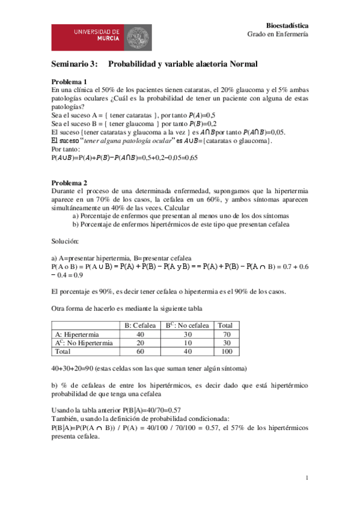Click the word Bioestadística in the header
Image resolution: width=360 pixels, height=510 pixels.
[287, 25]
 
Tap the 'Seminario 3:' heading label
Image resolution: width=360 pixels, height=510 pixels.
[74, 64]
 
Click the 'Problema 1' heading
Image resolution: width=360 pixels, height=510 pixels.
[69, 82]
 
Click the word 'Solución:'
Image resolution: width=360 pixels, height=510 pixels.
[66, 241]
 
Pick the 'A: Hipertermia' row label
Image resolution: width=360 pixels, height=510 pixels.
[78, 334]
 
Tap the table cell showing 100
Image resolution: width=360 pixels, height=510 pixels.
[227, 351]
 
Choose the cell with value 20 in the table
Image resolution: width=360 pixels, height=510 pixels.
[140, 343]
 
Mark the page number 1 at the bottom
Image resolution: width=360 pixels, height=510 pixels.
[307, 478]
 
